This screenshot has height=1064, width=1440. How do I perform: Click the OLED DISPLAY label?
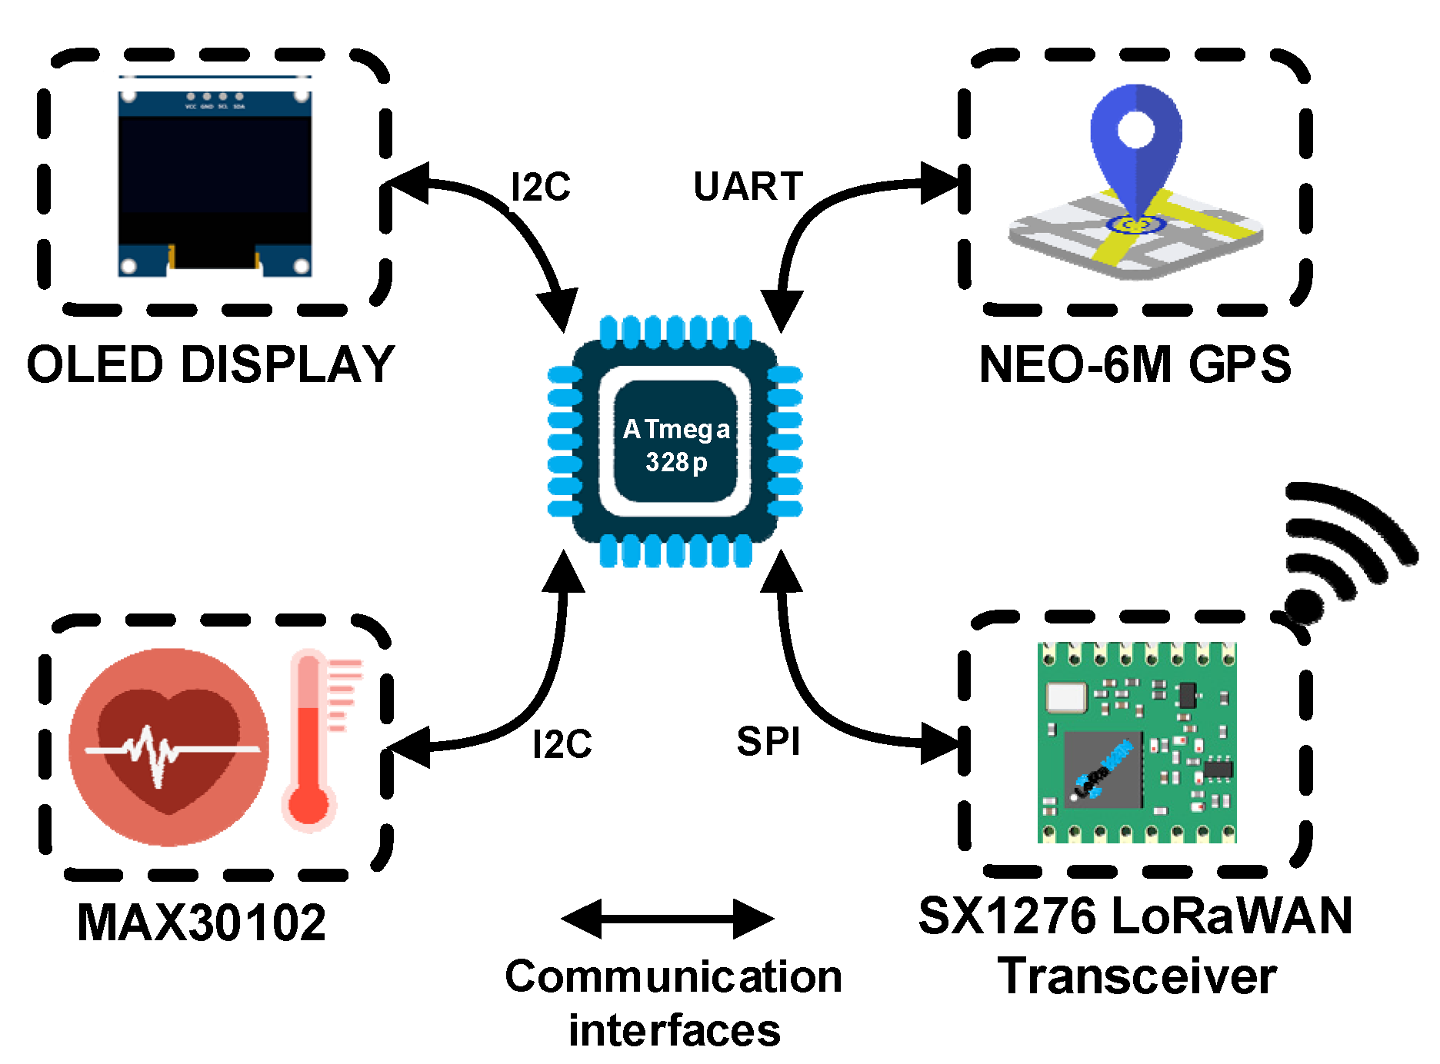pos(210,364)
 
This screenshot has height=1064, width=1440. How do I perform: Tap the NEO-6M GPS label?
pos(1135,364)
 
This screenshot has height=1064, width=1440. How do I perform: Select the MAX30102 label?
pos(202,922)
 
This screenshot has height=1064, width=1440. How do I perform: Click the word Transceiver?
pos(1137,977)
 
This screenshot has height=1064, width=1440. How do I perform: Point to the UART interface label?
pos(748,187)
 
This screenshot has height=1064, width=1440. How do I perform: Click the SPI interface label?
pos(768,742)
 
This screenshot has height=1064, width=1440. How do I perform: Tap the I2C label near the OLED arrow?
pos(541,187)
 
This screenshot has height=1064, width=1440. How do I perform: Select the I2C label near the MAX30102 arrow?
pos(562,744)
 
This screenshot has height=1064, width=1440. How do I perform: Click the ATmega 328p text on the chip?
pos(676,444)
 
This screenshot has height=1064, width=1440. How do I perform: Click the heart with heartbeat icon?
pos(169,746)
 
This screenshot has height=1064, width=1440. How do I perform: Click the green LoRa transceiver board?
pos(1137,743)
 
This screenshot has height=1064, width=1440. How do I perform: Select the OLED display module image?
pos(215,177)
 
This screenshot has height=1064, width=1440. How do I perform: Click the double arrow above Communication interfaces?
pos(668,919)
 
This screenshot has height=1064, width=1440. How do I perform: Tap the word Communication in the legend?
pos(673,977)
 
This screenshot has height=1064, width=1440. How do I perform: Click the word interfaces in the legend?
pos(675,1031)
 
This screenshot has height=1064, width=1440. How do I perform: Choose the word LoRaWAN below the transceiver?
pos(1232,916)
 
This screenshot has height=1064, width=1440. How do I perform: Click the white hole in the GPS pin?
pos(1136,128)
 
